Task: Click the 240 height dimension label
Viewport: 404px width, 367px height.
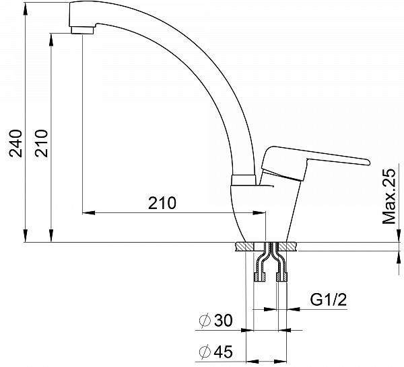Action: [15, 143]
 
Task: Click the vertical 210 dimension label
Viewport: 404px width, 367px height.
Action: [42, 143]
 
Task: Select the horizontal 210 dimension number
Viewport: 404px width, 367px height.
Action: [162, 203]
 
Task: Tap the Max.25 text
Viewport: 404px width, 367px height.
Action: [389, 196]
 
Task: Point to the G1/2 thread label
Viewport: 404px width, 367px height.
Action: [329, 300]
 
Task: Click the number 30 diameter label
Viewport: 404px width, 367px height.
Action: [224, 321]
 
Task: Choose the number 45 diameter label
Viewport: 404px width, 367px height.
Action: [224, 352]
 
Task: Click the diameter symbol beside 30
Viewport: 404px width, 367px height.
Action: [205, 321]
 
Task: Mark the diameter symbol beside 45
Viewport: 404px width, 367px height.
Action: [205, 352]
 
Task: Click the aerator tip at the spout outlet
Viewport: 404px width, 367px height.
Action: [82, 30]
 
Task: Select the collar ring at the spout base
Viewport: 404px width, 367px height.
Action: [244, 179]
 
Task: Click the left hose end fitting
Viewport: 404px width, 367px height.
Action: [260, 276]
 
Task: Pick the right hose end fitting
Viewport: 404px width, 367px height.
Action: [281, 276]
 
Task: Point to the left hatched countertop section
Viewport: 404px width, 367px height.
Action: [244, 247]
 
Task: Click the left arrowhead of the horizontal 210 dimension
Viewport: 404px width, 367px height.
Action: [89, 212]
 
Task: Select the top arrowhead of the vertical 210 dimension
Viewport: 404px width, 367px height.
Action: [51, 40]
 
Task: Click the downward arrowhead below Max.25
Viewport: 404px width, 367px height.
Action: [399, 236]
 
